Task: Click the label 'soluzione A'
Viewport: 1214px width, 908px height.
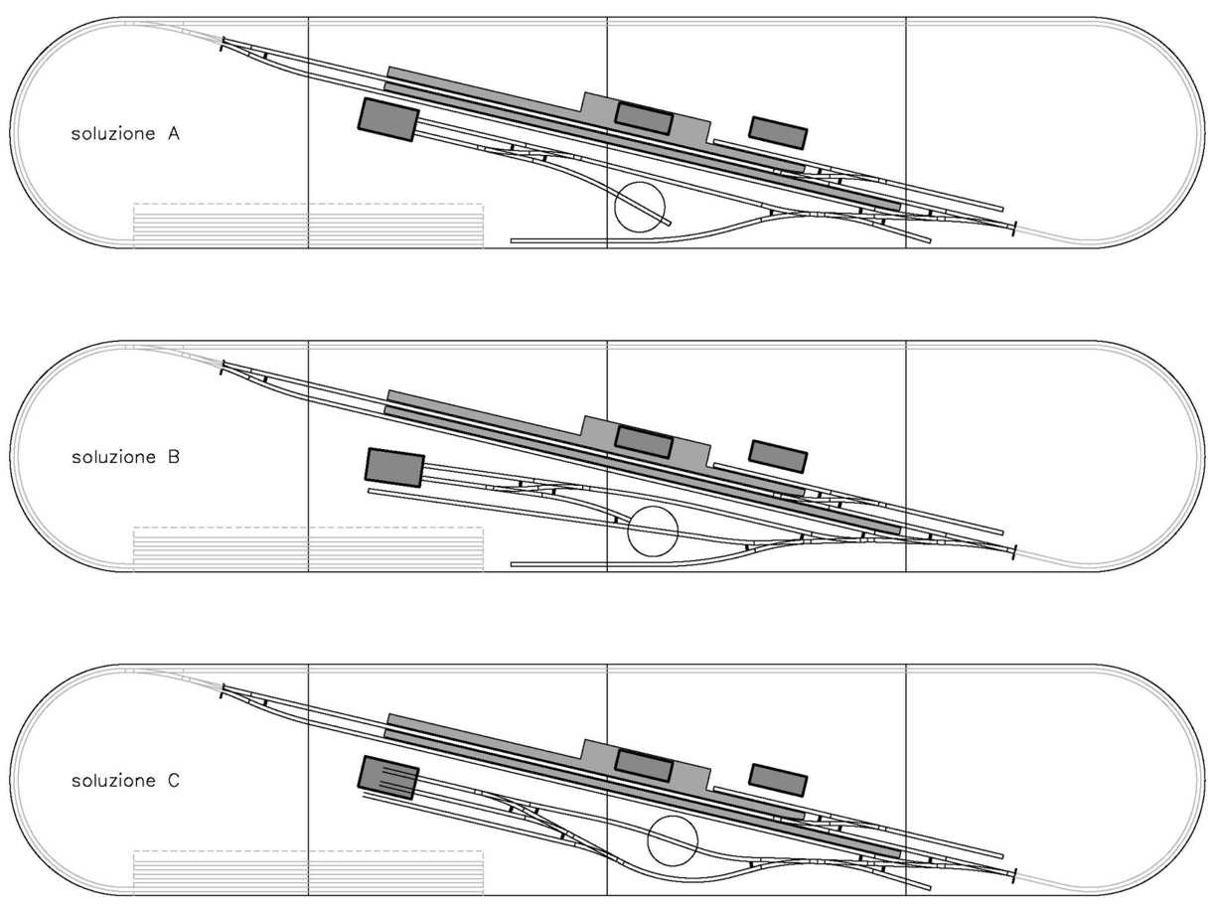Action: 124,134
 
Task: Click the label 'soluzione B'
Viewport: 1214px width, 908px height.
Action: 124,458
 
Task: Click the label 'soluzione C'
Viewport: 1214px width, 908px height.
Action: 124,782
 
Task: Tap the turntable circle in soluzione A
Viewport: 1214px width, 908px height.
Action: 640,207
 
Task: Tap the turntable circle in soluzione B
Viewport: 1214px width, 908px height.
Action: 653,530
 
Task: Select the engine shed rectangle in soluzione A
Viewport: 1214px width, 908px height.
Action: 387,119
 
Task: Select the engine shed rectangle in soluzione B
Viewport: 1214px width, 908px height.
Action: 395,467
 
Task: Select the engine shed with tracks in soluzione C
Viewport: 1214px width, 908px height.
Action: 388,777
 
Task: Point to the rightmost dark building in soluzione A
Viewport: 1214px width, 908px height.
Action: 778,132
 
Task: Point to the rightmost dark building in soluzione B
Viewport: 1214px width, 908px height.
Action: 778,456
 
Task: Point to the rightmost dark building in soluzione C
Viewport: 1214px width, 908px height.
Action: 778,780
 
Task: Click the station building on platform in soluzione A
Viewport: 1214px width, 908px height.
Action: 644,118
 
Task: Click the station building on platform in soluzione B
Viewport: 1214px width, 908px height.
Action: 644,441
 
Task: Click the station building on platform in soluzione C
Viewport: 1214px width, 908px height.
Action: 644,765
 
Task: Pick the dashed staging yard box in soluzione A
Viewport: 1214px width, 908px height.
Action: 308,226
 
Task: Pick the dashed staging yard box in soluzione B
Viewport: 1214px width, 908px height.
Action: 308,549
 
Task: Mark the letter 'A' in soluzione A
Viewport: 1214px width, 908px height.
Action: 172,134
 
